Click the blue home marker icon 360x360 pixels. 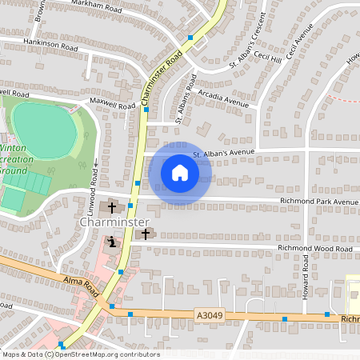180,172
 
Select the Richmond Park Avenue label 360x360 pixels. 318,202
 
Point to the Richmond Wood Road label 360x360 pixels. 314,250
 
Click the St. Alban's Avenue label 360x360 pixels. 222,152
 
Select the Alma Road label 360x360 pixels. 80,282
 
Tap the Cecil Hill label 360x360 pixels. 269,58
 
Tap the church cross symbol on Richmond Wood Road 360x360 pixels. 145,234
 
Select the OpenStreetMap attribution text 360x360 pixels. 80,354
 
